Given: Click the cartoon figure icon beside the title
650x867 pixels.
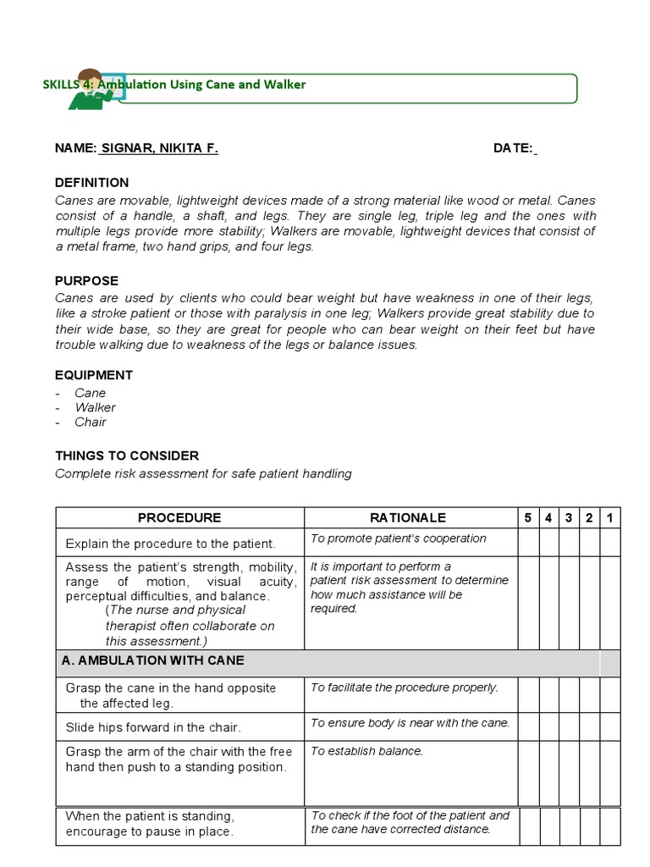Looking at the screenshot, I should (90, 89).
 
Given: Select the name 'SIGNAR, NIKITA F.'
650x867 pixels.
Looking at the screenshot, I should (159, 148).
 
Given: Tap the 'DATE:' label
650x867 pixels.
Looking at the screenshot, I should (513, 148).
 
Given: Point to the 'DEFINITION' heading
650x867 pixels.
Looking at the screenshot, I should (92, 182).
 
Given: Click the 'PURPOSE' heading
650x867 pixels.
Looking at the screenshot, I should (86, 280).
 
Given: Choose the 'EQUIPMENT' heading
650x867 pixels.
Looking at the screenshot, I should (94, 375).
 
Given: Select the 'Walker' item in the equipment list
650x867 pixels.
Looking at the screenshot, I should (95, 407).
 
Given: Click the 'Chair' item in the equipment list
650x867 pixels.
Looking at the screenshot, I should (91, 422).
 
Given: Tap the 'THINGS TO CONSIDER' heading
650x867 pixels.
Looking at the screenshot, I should (127, 456).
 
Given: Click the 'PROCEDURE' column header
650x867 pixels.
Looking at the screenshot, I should (179, 517).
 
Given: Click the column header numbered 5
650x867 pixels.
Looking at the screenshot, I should (528, 517).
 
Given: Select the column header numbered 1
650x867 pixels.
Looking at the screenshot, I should (609, 517).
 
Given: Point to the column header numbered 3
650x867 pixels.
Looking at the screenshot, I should (569, 517).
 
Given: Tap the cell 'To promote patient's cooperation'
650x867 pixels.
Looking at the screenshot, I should (399, 538).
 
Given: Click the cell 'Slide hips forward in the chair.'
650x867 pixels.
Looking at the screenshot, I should (153, 727).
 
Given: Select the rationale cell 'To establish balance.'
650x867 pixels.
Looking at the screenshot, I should (366, 751).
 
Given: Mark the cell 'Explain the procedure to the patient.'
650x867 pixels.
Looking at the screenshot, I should (170, 544).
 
